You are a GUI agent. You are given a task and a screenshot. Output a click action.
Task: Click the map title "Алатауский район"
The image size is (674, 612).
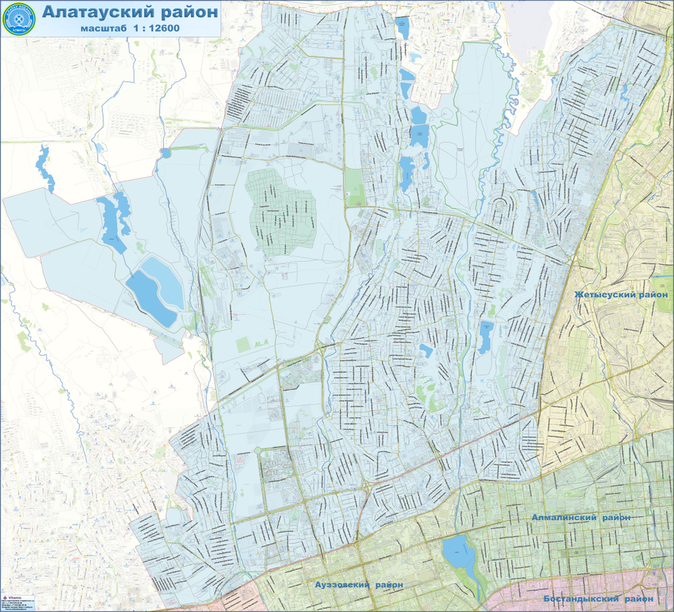click(x=130, y=11)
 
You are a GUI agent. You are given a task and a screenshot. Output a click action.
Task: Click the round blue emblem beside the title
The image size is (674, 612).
click(x=20, y=18)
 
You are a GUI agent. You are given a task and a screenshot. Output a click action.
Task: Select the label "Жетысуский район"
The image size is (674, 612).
click(x=621, y=295)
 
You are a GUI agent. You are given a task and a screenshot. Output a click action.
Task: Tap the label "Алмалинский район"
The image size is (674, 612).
click(x=581, y=517)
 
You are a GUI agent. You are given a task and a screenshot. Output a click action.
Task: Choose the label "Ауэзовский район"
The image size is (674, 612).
click(x=359, y=584)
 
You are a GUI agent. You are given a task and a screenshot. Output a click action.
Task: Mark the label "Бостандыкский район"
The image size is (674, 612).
click(x=599, y=598)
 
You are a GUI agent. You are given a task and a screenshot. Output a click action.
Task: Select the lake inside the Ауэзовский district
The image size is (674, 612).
click(x=456, y=553)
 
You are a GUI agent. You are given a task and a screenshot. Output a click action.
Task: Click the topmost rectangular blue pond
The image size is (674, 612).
click(x=402, y=28)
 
